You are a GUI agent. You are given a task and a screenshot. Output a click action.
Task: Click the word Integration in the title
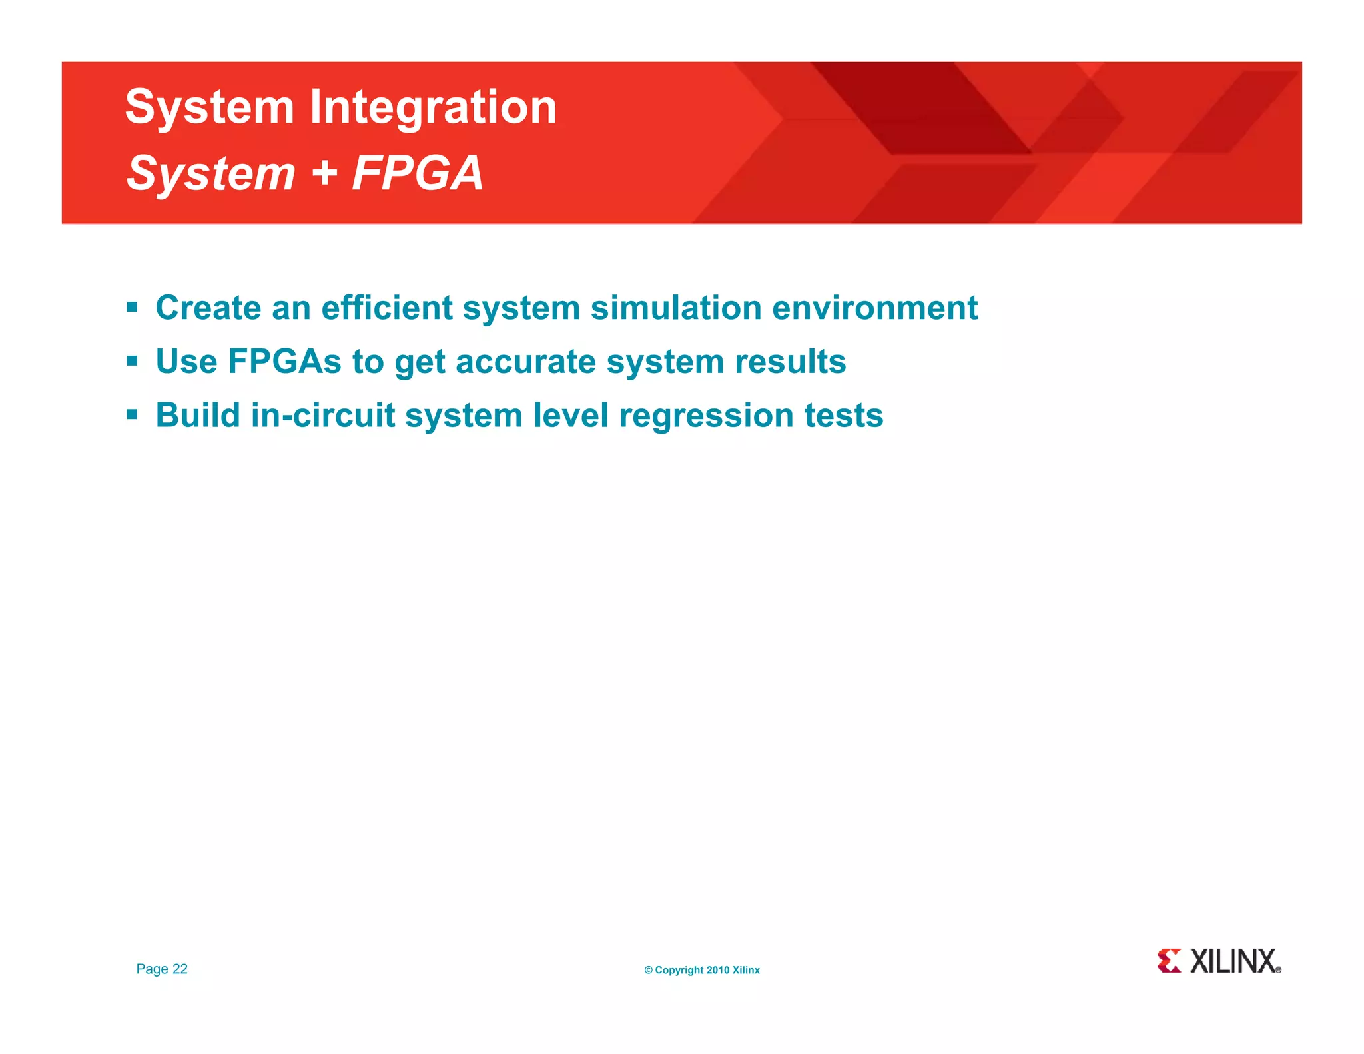pos(433,108)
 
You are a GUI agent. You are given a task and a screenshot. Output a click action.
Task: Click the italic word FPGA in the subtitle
pos(417,173)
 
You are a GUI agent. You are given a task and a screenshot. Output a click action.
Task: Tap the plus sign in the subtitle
pos(324,173)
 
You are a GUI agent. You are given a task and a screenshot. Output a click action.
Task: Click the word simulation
pos(676,308)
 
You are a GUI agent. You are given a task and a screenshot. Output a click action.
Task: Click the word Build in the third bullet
pos(198,416)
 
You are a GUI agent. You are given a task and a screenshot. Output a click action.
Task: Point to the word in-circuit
pos(323,416)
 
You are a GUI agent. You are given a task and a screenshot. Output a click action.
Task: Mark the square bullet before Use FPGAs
pos(132,362)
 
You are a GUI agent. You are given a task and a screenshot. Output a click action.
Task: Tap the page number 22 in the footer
pos(180,969)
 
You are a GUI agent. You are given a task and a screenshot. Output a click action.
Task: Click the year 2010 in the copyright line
pos(717,971)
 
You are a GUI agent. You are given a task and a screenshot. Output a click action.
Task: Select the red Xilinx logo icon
pos(1169,961)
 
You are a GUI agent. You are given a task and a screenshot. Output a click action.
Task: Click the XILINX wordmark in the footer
pos(1233,961)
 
